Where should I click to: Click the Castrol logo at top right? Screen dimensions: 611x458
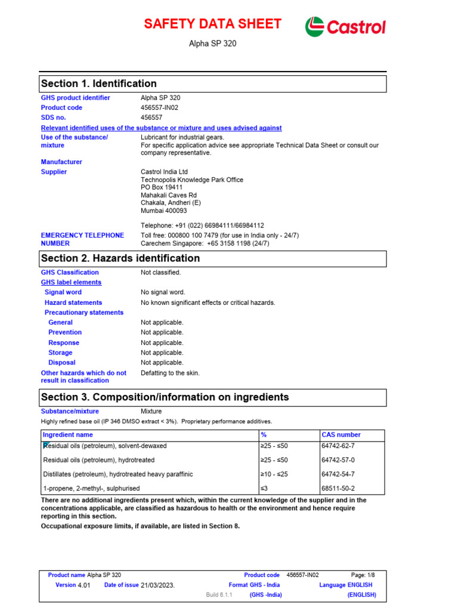tap(345, 27)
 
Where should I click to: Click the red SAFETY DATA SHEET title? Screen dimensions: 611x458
tap(212, 24)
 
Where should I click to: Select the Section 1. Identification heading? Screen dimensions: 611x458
tap(98, 84)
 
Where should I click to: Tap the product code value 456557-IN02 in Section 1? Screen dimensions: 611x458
tap(159, 108)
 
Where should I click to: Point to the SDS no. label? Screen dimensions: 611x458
tap(53, 118)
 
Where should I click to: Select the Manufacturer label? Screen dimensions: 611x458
tap(61, 162)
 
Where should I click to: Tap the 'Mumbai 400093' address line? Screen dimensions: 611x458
tap(163, 211)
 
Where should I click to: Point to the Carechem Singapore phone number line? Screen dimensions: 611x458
tap(205, 243)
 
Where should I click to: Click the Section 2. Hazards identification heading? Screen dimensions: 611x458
tap(120, 258)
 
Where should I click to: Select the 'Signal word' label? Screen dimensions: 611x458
tap(63, 292)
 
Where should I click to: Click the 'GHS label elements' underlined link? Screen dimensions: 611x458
tap(71, 282)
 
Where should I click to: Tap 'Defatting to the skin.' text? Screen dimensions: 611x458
tap(170, 373)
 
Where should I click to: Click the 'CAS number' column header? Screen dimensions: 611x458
tap(341, 435)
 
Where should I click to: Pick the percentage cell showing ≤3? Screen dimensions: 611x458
tap(265, 489)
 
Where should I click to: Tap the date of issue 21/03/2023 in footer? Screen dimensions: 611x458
tap(157, 585)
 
